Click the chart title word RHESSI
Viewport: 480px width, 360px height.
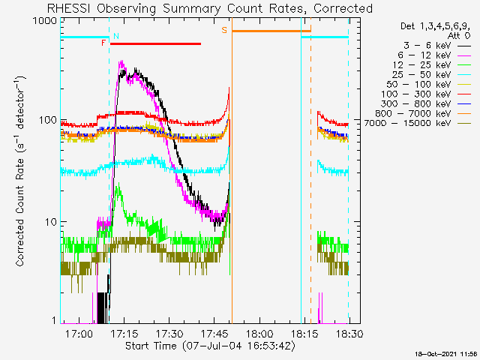(69, 8)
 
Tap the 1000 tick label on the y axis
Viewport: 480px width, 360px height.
(45, 20)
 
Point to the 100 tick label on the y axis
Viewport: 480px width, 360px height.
(48, 120)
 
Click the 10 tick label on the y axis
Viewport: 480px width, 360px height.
(51, 222)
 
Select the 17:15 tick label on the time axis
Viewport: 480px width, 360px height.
(124, 333)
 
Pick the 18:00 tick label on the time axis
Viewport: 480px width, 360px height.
(259, 333)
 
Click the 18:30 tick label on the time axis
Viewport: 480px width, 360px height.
(349, 333)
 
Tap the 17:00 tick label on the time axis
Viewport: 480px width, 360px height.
(79, 333)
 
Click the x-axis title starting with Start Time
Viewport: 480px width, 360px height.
(210, 346)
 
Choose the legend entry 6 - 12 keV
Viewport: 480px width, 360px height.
(424, 55)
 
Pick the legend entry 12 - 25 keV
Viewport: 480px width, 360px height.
(421, 65)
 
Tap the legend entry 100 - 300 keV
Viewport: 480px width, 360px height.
(416, 94)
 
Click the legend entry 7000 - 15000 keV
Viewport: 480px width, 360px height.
(408, 123)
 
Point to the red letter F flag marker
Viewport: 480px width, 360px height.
(103, 43)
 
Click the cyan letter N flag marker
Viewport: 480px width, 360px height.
(116, 36)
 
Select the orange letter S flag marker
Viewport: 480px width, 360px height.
(224, 30)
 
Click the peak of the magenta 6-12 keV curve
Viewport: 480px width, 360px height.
(121, 61)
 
